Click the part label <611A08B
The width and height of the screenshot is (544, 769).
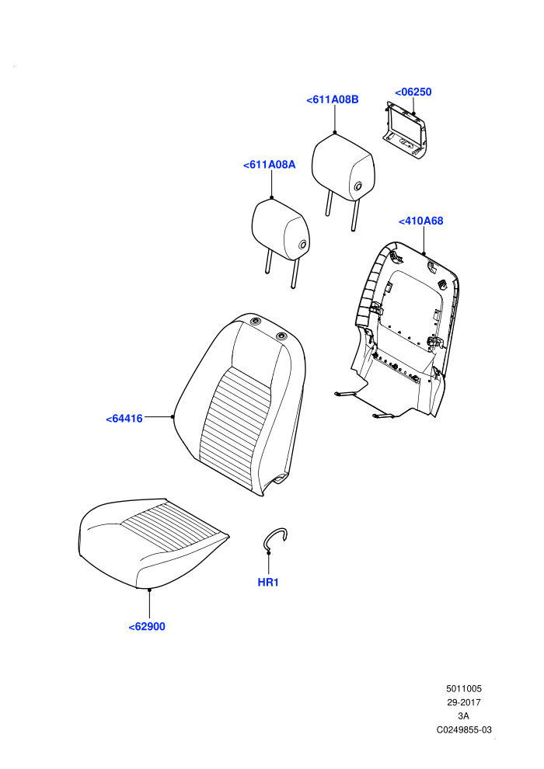coord(333,99)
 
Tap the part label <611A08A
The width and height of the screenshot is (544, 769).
coord(270,165)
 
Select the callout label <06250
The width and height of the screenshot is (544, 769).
coord(413,92)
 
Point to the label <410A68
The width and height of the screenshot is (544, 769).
coord(421,221)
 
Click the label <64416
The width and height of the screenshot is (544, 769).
coord(124,419)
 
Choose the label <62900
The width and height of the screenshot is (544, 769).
coord(147,627)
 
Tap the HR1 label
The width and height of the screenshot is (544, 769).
coord(268,583)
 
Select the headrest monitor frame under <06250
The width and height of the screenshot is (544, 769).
coord(405,130)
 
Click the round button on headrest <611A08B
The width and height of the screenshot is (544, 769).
coord(357,186)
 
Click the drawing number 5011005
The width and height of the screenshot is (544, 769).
coord(463,688)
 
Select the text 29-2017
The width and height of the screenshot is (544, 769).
coord(463,702)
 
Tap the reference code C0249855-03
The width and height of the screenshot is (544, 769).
coord(464,729)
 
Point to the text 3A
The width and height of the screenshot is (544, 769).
coord(463,716)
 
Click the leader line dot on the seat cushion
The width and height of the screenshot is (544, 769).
coord(150,590)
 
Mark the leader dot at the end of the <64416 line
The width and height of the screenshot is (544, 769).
coord(173,417)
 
